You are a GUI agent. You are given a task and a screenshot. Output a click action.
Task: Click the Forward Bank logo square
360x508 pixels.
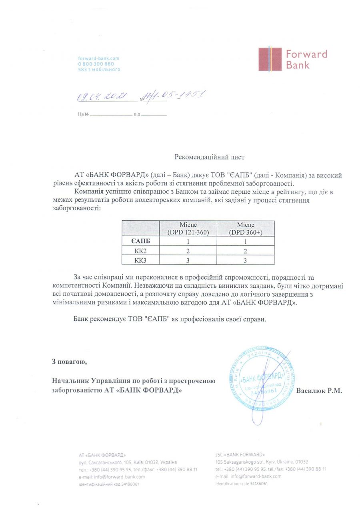pos(270,60)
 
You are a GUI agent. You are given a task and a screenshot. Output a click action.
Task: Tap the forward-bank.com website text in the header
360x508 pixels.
pos(98,58)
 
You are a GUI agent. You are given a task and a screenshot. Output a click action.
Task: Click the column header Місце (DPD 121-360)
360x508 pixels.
pos(188,228)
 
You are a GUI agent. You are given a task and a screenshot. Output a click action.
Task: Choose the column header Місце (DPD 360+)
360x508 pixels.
pos(245,228)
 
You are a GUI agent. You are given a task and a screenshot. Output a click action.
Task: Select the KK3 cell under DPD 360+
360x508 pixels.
pos(245,260)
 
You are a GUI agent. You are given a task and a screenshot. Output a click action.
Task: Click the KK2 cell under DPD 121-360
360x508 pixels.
pos(188,251)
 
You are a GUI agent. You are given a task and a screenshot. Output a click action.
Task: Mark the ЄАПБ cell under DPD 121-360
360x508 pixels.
pos(188,241)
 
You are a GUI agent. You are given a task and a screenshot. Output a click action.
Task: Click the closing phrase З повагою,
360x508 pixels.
pos(69,362)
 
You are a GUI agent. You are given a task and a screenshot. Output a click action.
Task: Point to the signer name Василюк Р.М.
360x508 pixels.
pos(319,390)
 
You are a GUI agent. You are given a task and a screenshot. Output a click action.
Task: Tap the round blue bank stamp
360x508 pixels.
pos(262,380)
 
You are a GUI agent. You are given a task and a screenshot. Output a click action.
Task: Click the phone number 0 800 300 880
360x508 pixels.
pos(96,64)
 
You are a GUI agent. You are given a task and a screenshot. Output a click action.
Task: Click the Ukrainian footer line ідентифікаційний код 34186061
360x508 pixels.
pos(109,484)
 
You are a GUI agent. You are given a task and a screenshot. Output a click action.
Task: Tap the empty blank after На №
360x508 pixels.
pos(111,114)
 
